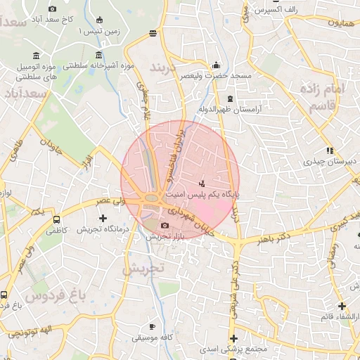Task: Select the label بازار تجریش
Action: pyautogui.click(x=165, y=237)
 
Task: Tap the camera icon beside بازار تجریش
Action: pyautogui.click(x=165, y=226)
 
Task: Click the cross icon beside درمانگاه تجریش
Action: pyautogui.click(x=103, y=218)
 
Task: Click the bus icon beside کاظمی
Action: pyautogui.click(x=56, y=219)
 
